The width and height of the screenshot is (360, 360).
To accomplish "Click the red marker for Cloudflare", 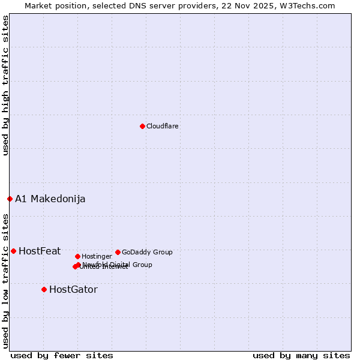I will coord(142,126).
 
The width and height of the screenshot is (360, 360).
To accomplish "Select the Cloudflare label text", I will coord(162,126).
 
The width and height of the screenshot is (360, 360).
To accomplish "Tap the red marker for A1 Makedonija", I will coord(10,199).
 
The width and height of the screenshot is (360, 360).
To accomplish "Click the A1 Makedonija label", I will coord(50,199).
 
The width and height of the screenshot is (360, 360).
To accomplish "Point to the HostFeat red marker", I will coord(13,251).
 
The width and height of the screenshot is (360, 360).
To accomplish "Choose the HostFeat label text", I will coord(40,251).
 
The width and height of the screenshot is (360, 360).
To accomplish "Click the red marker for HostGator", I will coord(44,289).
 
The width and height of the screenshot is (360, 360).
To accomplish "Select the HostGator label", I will coord(73,290).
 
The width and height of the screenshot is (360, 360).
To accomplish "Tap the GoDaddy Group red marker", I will coord(118,252).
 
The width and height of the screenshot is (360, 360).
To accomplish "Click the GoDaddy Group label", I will coord(147,252).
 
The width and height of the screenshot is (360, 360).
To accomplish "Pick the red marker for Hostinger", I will coord(77,256).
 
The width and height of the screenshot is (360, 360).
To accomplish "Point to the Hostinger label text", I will coord(97,256).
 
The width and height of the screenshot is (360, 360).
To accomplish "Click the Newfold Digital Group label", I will coord(118,264).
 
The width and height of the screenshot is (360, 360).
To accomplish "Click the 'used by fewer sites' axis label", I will coord(62,356).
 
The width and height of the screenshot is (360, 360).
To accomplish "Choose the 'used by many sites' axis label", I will coord(301,356).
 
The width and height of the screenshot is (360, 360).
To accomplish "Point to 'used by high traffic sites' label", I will coord(5,85).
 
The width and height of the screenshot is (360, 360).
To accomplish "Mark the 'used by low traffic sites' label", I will coord(5,280).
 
